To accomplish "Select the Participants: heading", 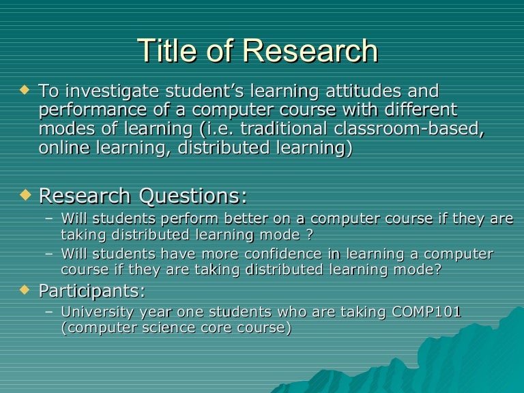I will [92, 291].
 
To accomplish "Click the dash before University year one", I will [48, 313].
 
